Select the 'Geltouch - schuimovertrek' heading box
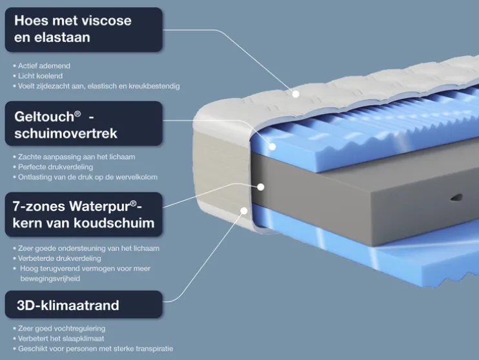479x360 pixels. (83, 125)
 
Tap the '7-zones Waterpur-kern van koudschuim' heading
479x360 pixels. (83, 214)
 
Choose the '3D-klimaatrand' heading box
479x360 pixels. (83, 305)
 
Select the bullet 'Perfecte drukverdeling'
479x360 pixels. (58, 166)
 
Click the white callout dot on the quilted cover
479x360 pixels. (295, 94)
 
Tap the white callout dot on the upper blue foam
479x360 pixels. (272, 146)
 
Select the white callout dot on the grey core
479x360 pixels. (261, 187)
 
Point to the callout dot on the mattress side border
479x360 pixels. (245, 210)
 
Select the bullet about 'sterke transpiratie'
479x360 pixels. (96, 348)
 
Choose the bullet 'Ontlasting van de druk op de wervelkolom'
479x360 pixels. (88, 177)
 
